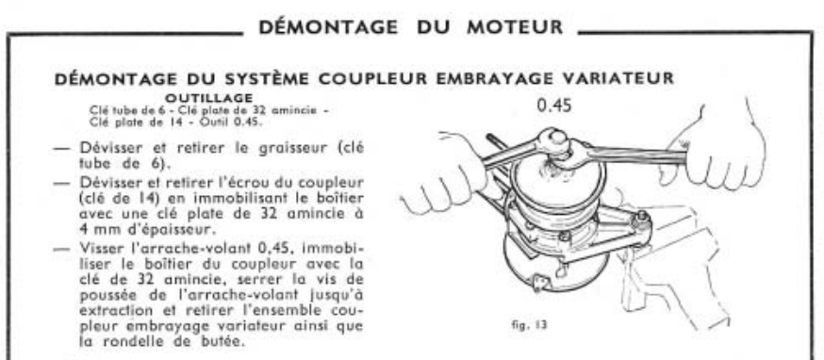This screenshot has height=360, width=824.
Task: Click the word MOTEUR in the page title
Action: coord(516,27)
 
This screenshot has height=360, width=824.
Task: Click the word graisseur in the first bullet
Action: coord(280,148)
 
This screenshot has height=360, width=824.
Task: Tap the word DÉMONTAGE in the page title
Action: coord(328,27)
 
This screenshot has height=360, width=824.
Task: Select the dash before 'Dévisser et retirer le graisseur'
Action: coord(62,149)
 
